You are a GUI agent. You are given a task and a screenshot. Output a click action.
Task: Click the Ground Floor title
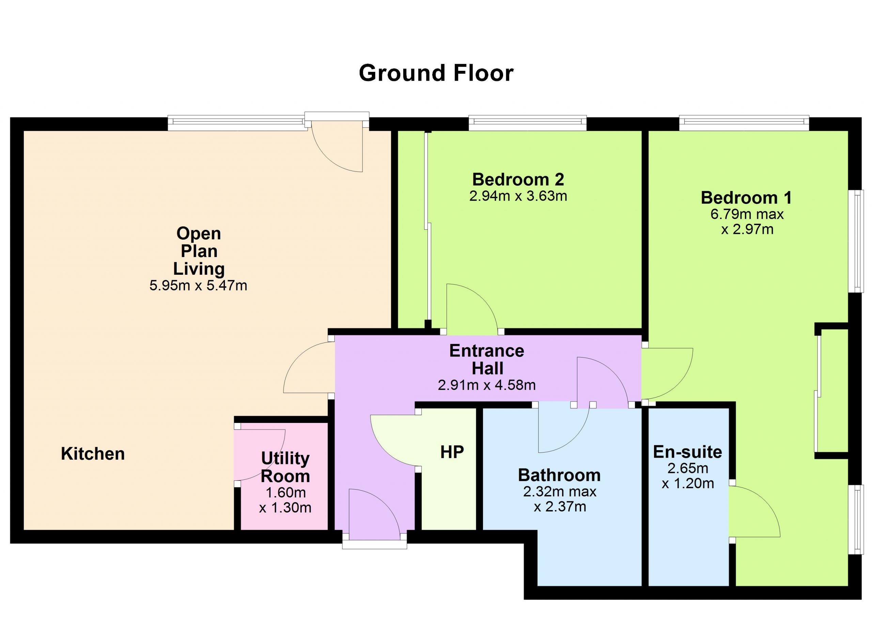pos(436,73)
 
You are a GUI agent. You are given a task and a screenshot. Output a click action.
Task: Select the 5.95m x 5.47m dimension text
pos(198,285)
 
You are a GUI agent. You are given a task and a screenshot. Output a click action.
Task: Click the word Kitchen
pos(93,454)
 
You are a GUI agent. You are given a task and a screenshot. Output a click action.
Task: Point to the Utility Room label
pos(285,467)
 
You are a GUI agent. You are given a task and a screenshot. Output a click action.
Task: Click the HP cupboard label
pos(452,452)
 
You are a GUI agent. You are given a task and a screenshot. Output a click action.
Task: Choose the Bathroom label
pos(559,475)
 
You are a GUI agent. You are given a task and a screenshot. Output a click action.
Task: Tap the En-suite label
pos(687,452)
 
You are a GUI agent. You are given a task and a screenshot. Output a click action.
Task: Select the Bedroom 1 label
pos(746,198)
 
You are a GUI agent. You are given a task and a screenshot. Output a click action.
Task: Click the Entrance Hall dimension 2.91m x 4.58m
pos(487,385)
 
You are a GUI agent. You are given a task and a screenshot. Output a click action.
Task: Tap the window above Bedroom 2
pos(528,123)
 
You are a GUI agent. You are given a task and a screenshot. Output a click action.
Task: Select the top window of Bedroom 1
pos(744,123)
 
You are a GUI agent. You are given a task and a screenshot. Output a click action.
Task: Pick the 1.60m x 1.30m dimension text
pos(285,500)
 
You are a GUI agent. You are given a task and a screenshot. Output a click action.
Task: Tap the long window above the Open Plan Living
pos(238,123)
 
